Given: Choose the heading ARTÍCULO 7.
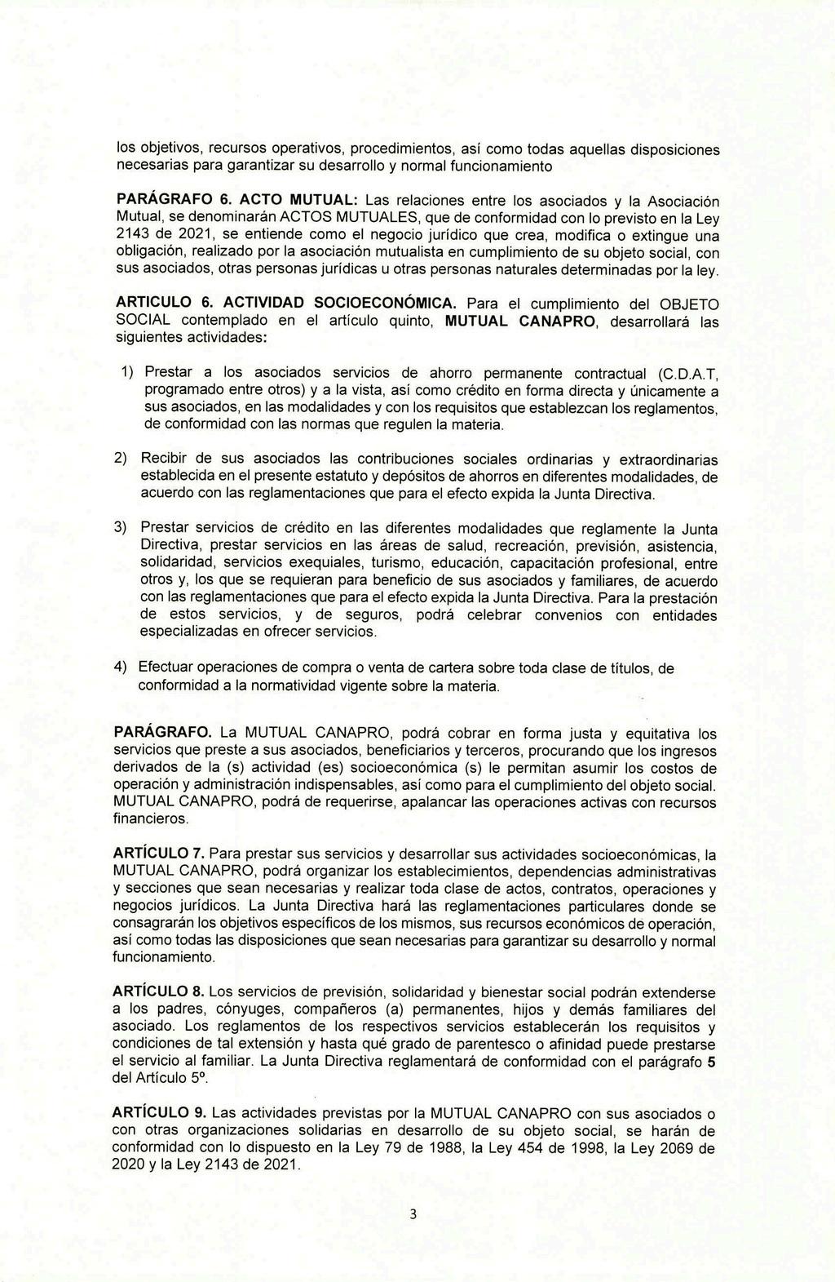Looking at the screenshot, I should pos(158,853).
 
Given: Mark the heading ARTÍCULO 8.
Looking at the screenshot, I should pos(158,991).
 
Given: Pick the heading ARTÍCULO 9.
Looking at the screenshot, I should pos(158,1113).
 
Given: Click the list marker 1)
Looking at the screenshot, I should pos(127,372).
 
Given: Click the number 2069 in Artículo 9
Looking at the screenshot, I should pos(679,1148).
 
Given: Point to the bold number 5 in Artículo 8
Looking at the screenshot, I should pos(713,1062).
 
